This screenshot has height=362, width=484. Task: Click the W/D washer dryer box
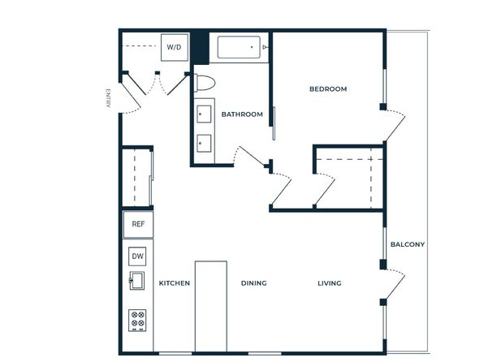pos(175,47)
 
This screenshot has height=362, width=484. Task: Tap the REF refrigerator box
pos(138,224)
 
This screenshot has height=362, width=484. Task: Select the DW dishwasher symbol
pos(137,256)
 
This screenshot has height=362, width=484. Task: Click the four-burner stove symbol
pos(137,321)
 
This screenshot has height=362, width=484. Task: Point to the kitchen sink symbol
pos(136,280)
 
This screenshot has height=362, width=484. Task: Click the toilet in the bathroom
pos(205,83)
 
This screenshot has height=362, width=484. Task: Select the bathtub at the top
pos(239,47)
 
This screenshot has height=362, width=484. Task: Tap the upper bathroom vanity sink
pos(204,114)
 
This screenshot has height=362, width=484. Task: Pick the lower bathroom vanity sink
pos(204,143)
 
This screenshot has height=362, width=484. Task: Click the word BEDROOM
pos(328,89)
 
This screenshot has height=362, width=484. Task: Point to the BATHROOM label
pos(242,114)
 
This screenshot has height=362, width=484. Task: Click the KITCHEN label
pos(175,283)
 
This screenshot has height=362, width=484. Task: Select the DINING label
pos(253,283)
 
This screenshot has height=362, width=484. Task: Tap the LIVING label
pos(330,283)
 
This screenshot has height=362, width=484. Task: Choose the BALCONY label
pos(408,244)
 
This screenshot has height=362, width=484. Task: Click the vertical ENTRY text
pos(108,98)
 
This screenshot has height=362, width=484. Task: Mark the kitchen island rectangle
pos(211,306)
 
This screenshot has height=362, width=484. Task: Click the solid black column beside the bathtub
pos(200,47)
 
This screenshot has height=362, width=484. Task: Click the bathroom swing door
pos(252,156)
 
